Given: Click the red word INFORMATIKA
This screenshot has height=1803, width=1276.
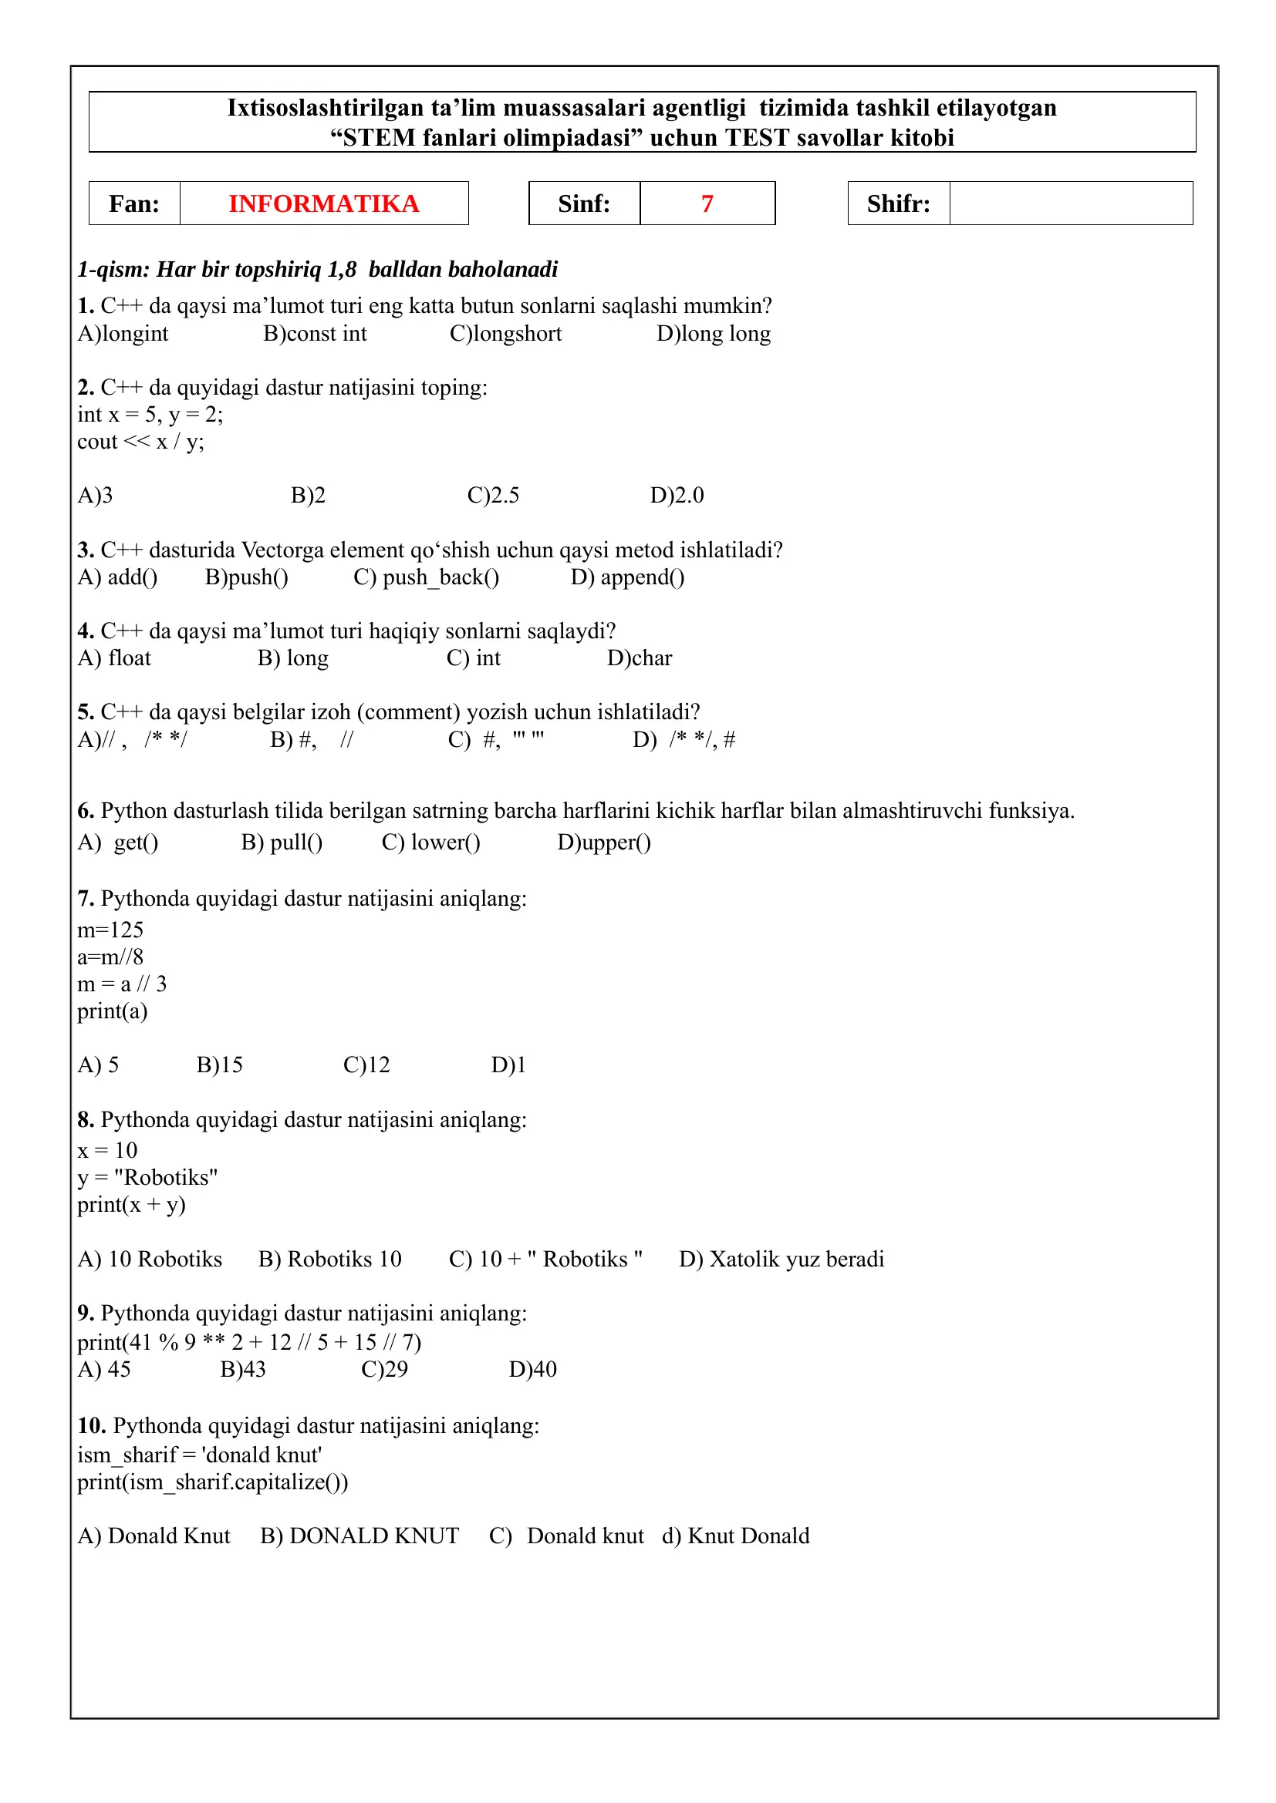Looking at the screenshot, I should pos(324,204).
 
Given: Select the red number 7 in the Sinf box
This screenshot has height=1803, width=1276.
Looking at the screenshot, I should pos(707,204).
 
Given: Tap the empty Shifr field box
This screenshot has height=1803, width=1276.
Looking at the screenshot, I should pos(1070,204).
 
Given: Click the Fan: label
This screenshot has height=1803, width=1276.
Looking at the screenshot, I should pos(134,204).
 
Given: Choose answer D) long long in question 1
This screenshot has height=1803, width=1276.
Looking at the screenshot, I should pos(714,334).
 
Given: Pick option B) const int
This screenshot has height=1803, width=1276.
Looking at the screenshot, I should pos(315,334).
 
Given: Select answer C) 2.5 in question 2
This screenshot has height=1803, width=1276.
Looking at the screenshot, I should pos(494,496).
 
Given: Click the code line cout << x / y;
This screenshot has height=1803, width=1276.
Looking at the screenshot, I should pos(140,442).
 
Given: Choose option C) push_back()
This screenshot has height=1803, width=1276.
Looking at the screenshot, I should pos(426,577).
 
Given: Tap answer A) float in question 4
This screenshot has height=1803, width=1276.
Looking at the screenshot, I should pos(115,658).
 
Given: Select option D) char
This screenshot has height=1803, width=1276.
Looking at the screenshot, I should pos(640,658).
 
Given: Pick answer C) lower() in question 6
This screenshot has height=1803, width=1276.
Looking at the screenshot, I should pos(431,843).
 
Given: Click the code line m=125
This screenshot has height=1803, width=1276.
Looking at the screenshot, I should pos(110,930).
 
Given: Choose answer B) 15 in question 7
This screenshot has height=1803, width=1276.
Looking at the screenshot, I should pos(219,1065).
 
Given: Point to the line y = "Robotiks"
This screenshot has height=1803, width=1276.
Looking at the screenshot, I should pos(147,1178).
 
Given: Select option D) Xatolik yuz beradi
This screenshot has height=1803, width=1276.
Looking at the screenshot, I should pos(781,1260).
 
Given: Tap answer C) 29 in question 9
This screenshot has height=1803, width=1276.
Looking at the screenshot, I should pos(384,1370).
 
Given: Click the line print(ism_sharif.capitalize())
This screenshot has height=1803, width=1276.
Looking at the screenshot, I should pos(213,1482).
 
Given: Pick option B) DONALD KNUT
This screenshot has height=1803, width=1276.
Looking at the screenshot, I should pos(360,1536).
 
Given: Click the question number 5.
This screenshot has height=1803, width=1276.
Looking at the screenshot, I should pos(86,712).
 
